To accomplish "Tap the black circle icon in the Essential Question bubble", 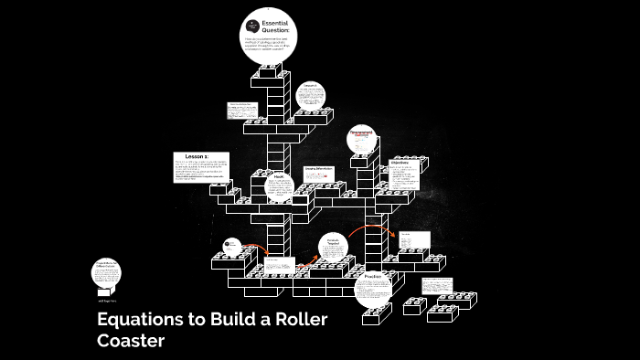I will (253, 27).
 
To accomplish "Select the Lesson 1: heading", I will (197, 157).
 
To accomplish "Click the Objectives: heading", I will (399, 163).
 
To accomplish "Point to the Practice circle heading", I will (373, 276).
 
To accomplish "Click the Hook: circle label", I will (279, 176).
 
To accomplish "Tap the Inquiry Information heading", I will (318, 170).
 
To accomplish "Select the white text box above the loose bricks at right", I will (437, 284).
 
